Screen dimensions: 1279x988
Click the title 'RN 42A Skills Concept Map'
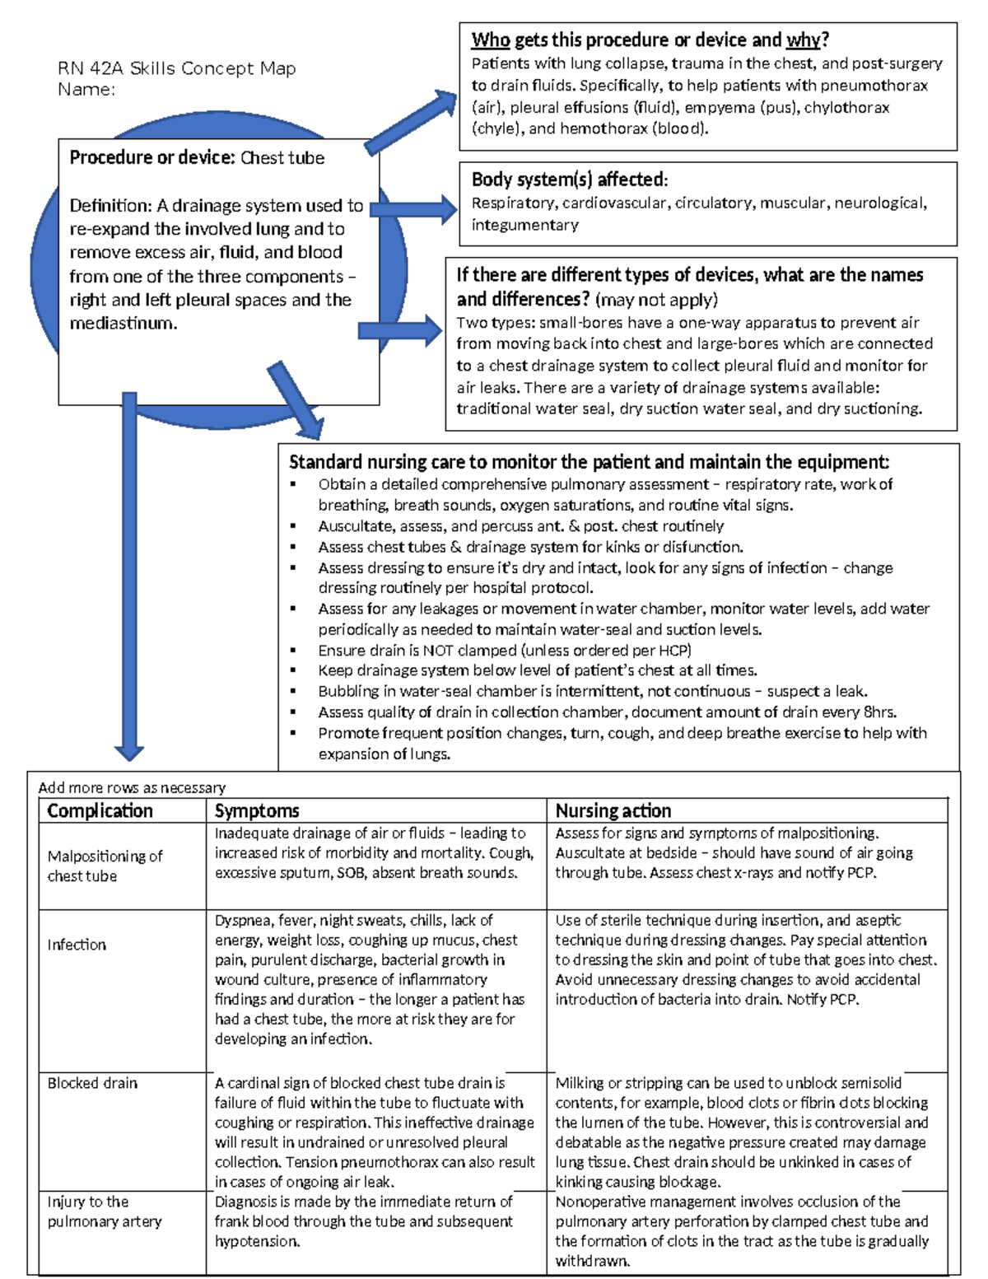click(176, 68)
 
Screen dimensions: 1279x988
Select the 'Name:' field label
click(86, 90)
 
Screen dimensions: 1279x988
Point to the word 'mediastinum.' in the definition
click(123, 324)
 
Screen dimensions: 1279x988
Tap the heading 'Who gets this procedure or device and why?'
click(650, 40)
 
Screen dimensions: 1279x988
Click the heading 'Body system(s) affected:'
click(569, 180)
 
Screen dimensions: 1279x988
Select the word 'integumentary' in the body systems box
click(524, 225)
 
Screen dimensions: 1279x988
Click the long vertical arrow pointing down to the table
click(129, 576)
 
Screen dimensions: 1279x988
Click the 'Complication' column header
click(100, 810)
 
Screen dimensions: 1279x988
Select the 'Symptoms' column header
click(257, 810)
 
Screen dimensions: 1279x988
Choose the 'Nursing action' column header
click(613, 810)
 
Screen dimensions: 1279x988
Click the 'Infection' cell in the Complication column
click(77, 945)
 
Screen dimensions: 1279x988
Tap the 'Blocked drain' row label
click(92, 1083)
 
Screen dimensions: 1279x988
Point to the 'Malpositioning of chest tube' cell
click(105, 866)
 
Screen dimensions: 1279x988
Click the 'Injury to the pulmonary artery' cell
click(104, 1211)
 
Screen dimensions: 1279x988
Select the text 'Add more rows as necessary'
click(132, 787)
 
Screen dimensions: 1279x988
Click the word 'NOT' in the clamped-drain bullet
click(438, 650)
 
